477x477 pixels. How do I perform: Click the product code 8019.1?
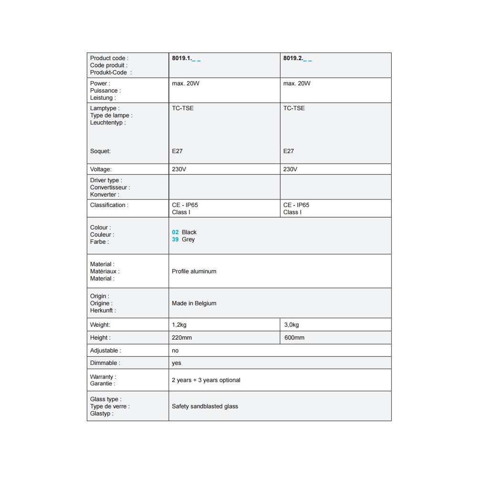pyautogui.click(x=182, y=58)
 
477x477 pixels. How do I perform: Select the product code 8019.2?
pyautogui.click(x=293, y=58)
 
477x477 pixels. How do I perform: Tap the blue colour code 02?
pyautogui.click(x=175, y=232)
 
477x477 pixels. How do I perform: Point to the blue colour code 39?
pyautogui.click(x=175, y=239)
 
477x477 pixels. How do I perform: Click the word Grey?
pyautogui.click(x=188, y=239)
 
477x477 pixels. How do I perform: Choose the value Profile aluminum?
pyautogui.click(x=194, y=271)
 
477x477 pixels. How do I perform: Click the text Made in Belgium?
pyautogui.click(x=194, y=303)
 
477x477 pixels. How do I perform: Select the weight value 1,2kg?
pyautogui.click(x=180, y=325)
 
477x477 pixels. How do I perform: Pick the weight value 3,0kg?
pyautogui.click(x=291, y=325)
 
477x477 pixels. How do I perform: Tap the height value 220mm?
pyautogui.click(x=182, y=338)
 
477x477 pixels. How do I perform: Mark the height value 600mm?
pyautogui.click(x=294, y=338)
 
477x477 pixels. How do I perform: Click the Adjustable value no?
pyautogui.click(x=175, y=351)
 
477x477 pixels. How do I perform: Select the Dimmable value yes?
pyautogui.click(x=176, y=363)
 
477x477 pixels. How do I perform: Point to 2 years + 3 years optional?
pyautogui.click(x=206, y=380)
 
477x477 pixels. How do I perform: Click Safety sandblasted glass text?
pyautogui.click(x=205, y=406)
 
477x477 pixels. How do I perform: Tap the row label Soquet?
pyautogui.click(x=100, y=151)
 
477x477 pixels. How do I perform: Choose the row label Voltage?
pyautogui.click(x=101, y=169)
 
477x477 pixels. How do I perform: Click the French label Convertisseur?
pyautogui.click(x=110, y=187)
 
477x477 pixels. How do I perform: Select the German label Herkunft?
pyautogui.click(x=103, y=311)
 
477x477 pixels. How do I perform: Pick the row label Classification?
pyautogui.click(x=109, y=205)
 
